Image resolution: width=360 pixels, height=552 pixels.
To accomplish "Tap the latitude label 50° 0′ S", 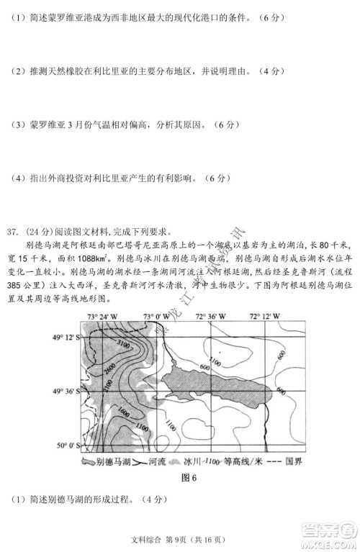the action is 66,447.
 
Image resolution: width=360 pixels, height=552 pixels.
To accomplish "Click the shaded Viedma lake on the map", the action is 216,389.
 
